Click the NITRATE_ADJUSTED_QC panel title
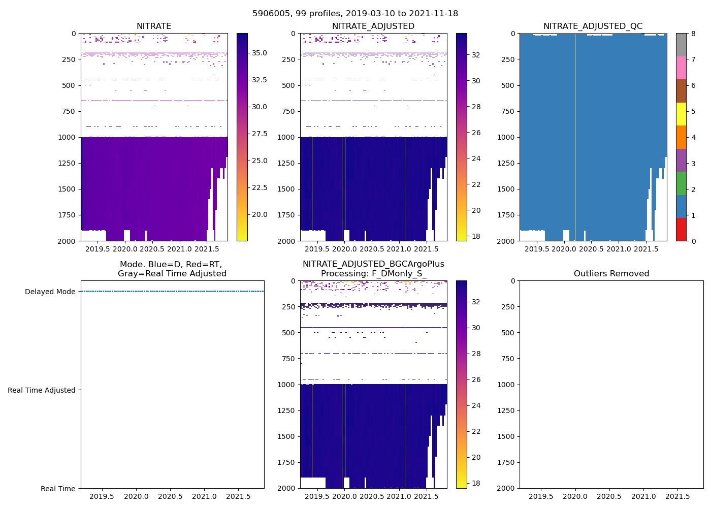[593, 26]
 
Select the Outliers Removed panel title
[611, 274]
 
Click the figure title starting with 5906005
[355, 14]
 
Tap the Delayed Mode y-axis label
[50, 292]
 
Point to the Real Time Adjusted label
[41, 390]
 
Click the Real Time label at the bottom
[58, 489]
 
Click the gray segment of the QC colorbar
[681, 45]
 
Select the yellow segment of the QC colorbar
[681, 114]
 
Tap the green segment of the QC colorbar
[681, 183]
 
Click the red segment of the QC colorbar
[681, 229]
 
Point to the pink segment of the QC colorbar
[681, 68]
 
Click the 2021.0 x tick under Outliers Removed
[643, 496]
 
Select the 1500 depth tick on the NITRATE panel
[67, 189]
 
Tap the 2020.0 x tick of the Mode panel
[136, 496]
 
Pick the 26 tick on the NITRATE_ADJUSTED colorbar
[476, 133]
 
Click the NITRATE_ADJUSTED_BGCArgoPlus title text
[373, 264]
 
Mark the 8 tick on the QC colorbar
[694, 34]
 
